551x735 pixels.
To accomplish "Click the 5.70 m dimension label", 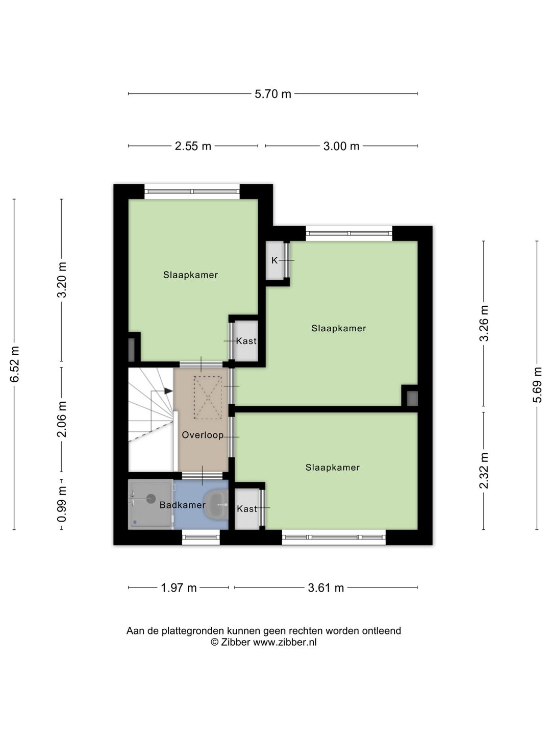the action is click(x=272, y=94).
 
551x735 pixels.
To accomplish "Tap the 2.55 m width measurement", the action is click(x=193, y=146).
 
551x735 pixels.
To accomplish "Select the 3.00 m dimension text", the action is click(x=341, y=146).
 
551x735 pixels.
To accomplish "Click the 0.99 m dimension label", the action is click(x=62, y=505).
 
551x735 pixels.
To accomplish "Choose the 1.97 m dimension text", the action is click(x=179, y=588).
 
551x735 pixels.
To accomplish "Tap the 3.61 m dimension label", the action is click(x=326, y=588).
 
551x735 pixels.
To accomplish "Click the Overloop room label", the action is click(x=203, y=435).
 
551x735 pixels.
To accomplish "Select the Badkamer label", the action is click(x=182, y=505).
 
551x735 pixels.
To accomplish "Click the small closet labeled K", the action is click(x=274, y=260).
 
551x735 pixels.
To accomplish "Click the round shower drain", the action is click(x=151, y=499).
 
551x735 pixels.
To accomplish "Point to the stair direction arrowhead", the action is click(x=168, y=391).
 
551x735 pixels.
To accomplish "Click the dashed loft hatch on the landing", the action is click(x=208, y=398).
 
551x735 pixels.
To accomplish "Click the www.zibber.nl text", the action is click(x=285, y=642).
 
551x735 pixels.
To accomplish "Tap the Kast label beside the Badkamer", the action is click(x=247, y=509).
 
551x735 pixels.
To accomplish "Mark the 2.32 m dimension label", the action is click(x=484, y=471).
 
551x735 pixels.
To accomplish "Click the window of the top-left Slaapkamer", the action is click(x=192, y=192).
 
